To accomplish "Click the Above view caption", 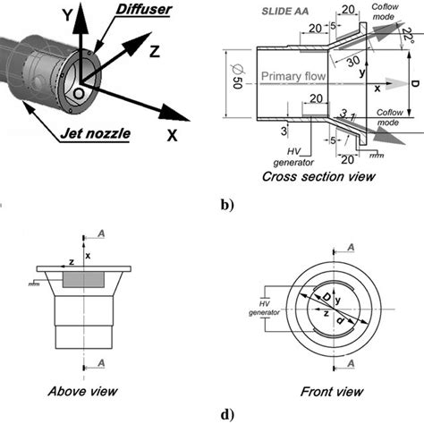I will [x=81, y=390].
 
